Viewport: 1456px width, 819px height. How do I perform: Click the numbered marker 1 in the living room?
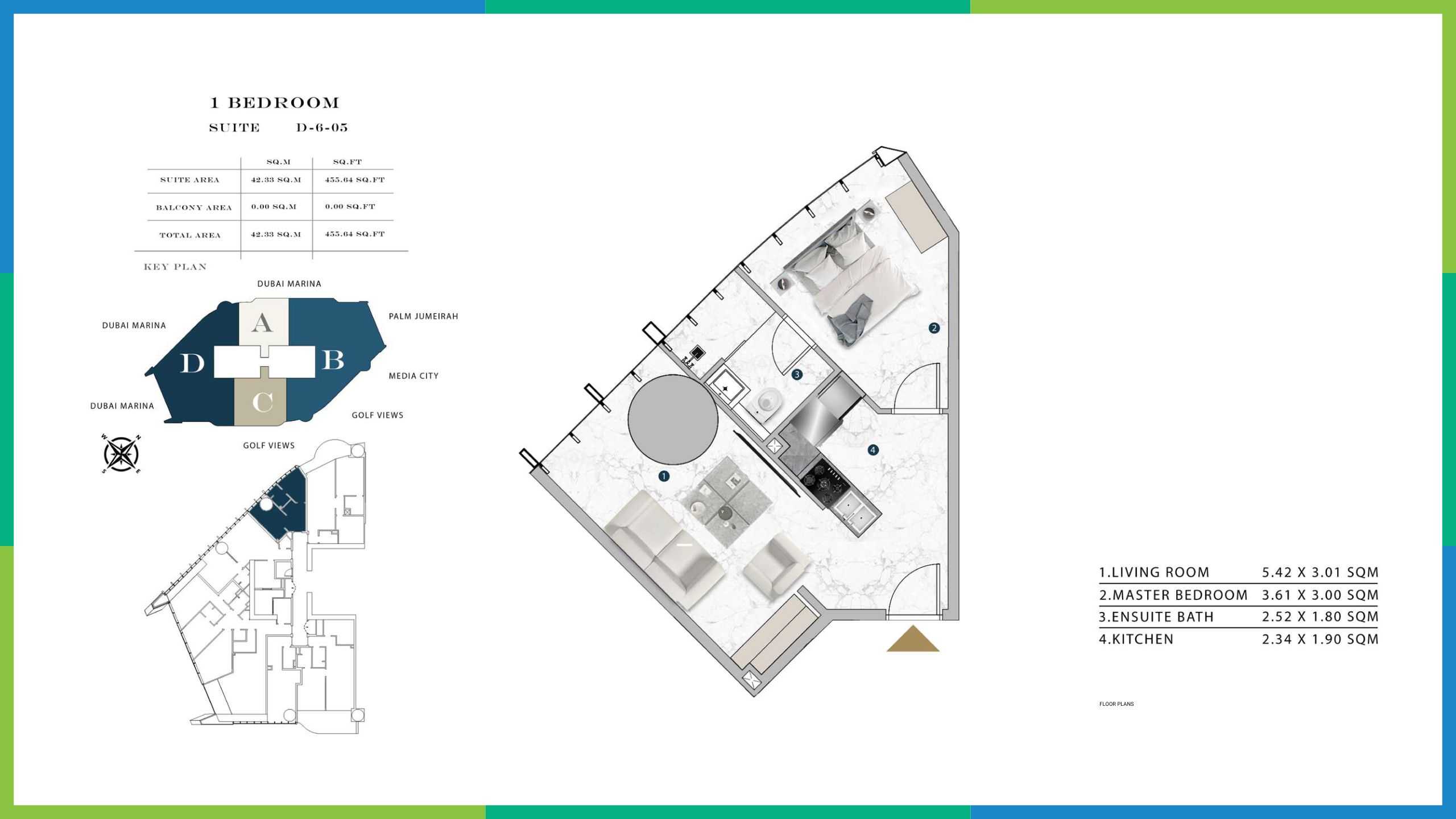point(664,476)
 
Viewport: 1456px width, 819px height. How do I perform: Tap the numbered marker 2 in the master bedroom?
point(933,328)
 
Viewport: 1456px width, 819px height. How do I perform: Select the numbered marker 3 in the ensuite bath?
point(797,374)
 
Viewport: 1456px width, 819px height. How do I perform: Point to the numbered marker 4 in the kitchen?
point(873,450)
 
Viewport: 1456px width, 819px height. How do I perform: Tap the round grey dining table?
point(673,419)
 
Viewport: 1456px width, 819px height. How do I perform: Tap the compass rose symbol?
point(121,454)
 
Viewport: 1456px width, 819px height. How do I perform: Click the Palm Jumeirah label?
point(423,316)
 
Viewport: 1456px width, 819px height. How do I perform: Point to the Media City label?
point(413,376)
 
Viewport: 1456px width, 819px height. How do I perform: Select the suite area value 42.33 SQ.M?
point(276,180)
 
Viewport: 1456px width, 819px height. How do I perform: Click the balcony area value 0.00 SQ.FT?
point(350,206)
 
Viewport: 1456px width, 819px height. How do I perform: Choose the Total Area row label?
point(190,235)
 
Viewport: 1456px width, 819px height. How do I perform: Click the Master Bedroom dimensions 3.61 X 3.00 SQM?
point(1320,595)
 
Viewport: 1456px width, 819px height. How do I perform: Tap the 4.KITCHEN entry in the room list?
point(1136,639)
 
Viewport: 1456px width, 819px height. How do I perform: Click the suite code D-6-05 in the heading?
point(322,127)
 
